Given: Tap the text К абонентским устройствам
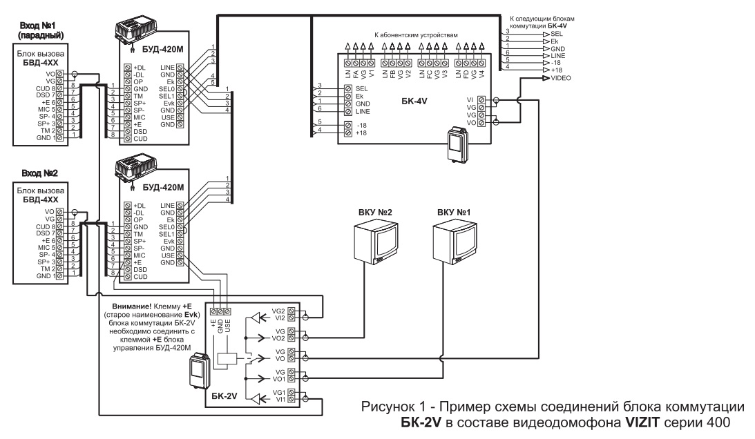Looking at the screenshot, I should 416,34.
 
